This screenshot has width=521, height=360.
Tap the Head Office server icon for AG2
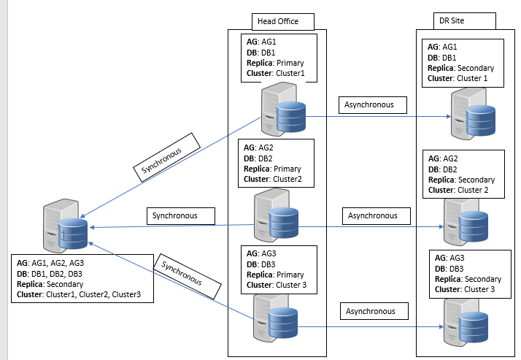click(274, 217)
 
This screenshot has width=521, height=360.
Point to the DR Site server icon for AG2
click(463, 219)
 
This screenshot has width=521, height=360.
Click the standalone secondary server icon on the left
click(66, 226)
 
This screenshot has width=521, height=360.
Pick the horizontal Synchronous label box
click(182, 215)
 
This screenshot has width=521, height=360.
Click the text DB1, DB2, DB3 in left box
click(60, 273)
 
